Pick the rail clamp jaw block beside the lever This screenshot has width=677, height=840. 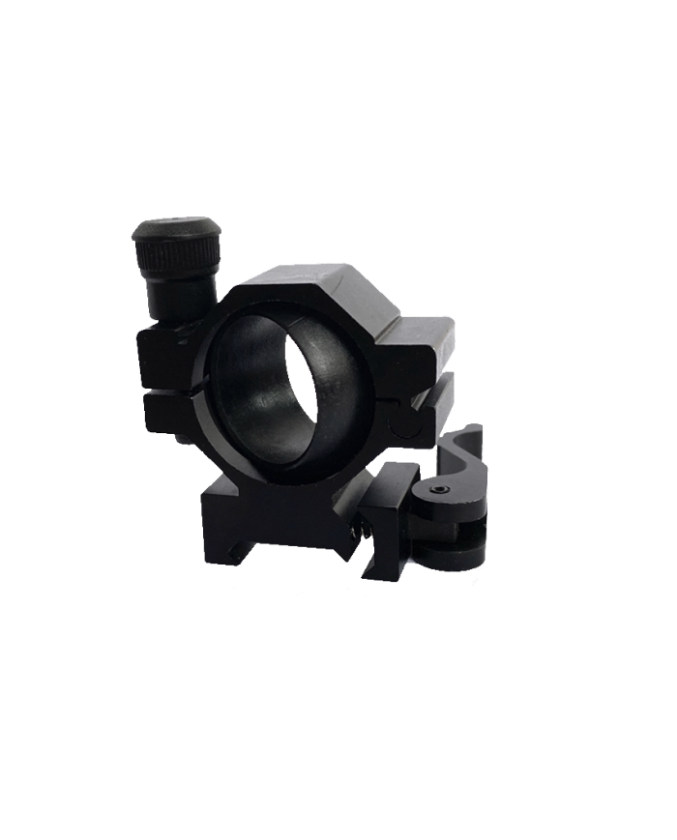(392, 512)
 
